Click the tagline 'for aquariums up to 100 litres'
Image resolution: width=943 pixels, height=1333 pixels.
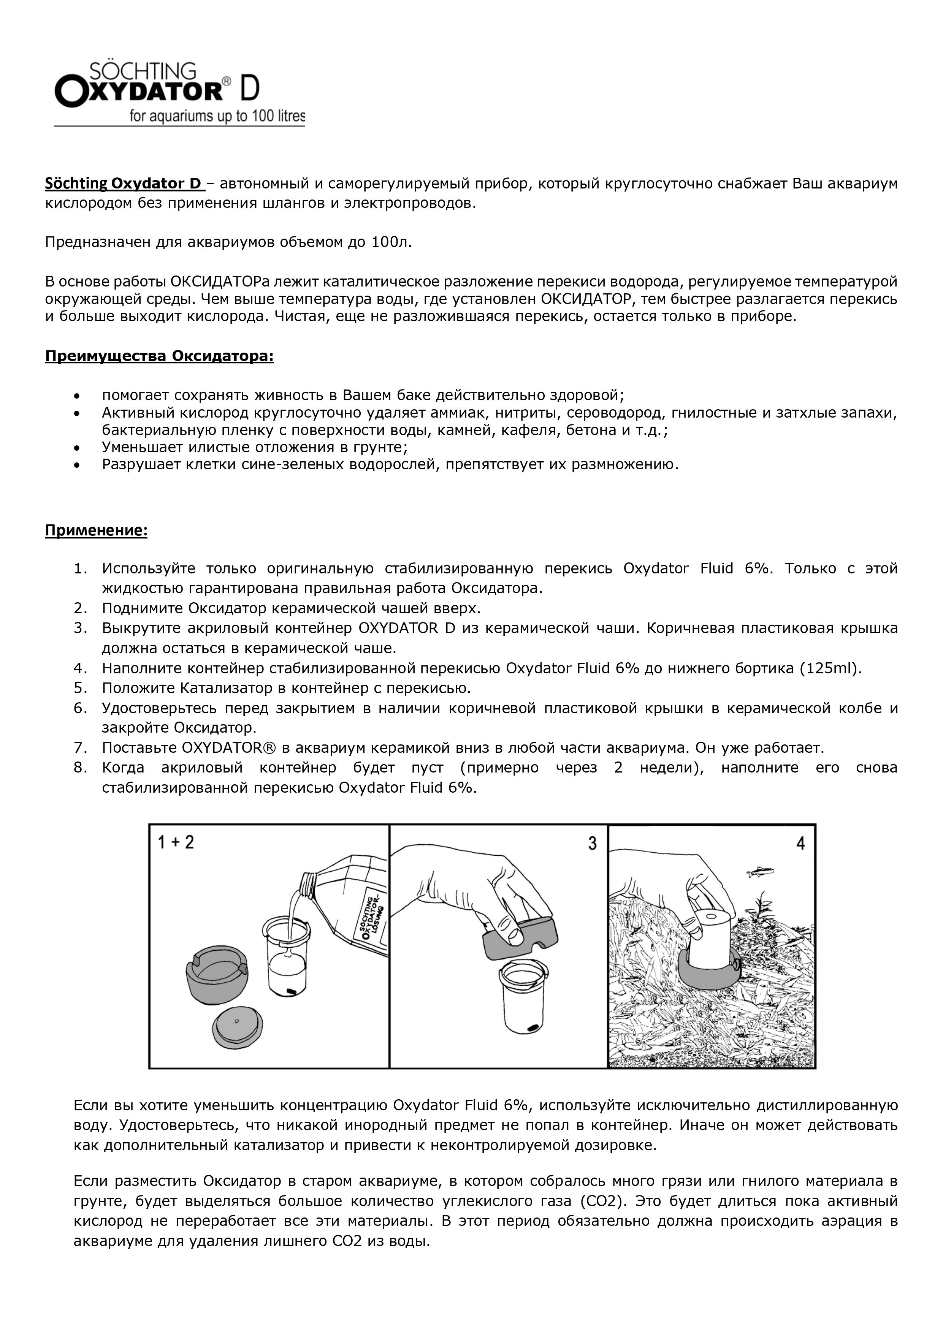tap(217, 116)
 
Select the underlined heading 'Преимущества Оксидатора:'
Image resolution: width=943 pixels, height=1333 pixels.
tap(159, 356)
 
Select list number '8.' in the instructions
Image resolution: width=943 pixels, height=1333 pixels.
tap(80, 768)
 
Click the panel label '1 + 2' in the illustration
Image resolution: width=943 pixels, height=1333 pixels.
tap(176, 842)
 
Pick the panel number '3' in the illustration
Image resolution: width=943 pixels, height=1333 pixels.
tap(592, 843)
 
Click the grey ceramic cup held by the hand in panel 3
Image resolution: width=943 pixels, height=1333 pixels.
tap(520, 934)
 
